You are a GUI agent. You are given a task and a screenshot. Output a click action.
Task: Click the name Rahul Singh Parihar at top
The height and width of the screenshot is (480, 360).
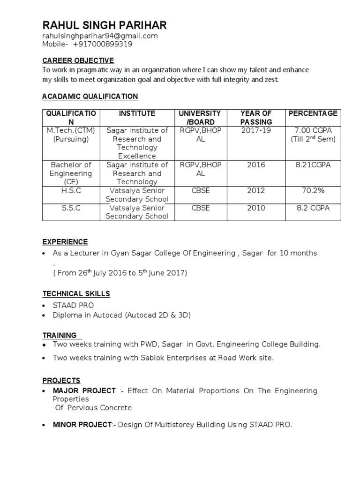point(104,25)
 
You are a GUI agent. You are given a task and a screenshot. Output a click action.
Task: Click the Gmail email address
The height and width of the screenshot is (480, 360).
point(100,36)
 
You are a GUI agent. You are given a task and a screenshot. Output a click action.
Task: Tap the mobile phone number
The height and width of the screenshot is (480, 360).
point(103,45)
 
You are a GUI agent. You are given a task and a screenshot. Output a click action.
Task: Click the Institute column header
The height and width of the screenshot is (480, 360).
point(137,113)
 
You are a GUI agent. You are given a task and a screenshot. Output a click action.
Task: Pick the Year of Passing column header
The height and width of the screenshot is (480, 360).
point(256,118)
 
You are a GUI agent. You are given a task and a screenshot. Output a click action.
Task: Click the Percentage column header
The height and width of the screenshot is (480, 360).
point(313,113)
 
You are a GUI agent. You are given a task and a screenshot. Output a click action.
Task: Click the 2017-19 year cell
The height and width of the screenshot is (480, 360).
point(256,130)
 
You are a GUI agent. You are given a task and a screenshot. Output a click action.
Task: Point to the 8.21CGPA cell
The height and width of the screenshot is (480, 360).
point(313,165)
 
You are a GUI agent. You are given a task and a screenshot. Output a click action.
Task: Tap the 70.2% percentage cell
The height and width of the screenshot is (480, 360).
point(313,191)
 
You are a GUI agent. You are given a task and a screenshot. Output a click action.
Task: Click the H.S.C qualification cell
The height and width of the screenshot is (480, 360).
point(70,191)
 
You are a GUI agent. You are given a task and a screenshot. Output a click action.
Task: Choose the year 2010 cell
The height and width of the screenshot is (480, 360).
point(256,208)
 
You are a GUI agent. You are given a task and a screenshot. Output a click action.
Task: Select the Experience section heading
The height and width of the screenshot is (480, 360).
point(65,242)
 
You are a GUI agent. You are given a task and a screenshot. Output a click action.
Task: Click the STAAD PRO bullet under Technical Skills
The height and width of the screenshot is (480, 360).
point(73,306)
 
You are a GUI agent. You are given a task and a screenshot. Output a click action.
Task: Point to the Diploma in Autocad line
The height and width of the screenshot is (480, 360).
point(121,315)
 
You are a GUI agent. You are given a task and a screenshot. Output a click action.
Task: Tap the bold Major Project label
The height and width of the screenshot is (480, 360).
point(84,390)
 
